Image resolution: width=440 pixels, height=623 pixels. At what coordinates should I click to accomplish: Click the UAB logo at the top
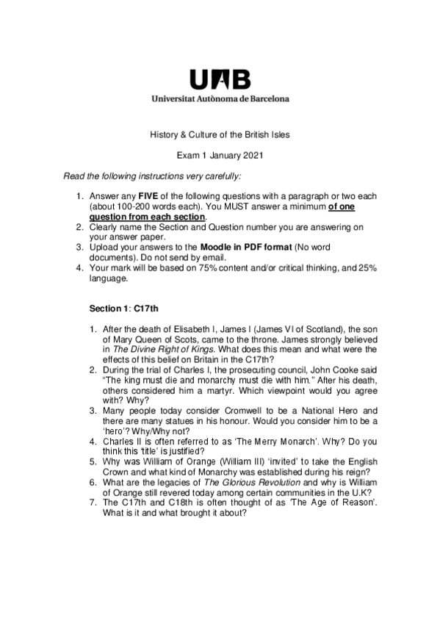point(220,79)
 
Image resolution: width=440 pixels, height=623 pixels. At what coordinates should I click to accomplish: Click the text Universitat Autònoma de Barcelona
point(220,97)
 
